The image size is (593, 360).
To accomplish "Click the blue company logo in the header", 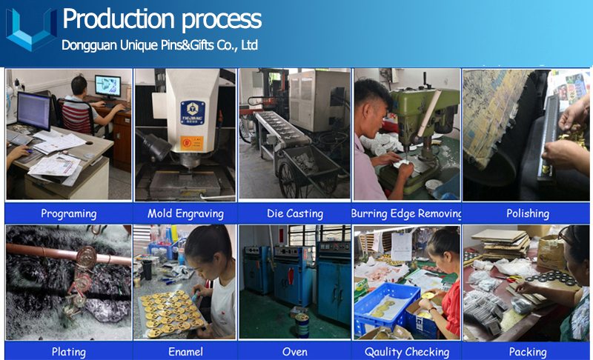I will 31,30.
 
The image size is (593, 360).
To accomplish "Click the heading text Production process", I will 162,19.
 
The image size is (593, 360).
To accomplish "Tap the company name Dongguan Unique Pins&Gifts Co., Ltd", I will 159,45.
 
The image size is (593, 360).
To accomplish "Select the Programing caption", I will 68,213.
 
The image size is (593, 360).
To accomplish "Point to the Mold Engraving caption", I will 185,213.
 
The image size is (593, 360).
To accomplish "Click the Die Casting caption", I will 295,213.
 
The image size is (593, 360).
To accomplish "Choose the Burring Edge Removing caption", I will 406,213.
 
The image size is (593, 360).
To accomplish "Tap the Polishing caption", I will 528,213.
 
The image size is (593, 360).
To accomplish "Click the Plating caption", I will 68,352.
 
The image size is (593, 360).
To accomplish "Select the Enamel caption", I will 185,352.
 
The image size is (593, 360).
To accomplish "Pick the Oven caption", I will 295,352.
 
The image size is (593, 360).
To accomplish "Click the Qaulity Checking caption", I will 407,352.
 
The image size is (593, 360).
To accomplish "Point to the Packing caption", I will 528,352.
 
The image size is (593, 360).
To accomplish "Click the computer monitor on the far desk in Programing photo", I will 107,86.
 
